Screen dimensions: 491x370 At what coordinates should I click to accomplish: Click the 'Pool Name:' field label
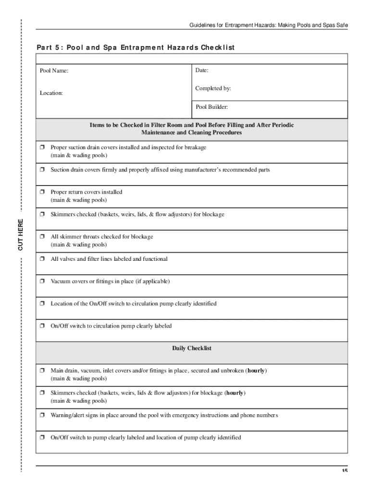54,71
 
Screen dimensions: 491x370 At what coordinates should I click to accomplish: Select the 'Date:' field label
202,70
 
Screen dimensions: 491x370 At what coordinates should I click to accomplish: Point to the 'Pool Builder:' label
211,106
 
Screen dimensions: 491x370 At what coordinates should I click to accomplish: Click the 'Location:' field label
51,93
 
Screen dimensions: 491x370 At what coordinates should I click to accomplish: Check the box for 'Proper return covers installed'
42,192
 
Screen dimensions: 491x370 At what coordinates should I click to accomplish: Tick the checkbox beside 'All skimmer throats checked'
42,237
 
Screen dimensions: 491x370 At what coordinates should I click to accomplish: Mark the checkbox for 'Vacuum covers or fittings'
42,281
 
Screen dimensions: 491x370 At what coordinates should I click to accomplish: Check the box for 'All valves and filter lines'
42,259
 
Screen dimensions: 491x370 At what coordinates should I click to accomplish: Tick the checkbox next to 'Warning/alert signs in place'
42,415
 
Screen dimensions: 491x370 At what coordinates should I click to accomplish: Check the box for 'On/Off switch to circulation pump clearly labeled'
42,326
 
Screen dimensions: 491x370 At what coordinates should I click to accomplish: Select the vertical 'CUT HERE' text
21,234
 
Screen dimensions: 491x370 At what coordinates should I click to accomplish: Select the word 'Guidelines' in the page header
202,25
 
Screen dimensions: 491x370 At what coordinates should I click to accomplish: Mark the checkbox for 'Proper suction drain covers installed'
42,148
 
